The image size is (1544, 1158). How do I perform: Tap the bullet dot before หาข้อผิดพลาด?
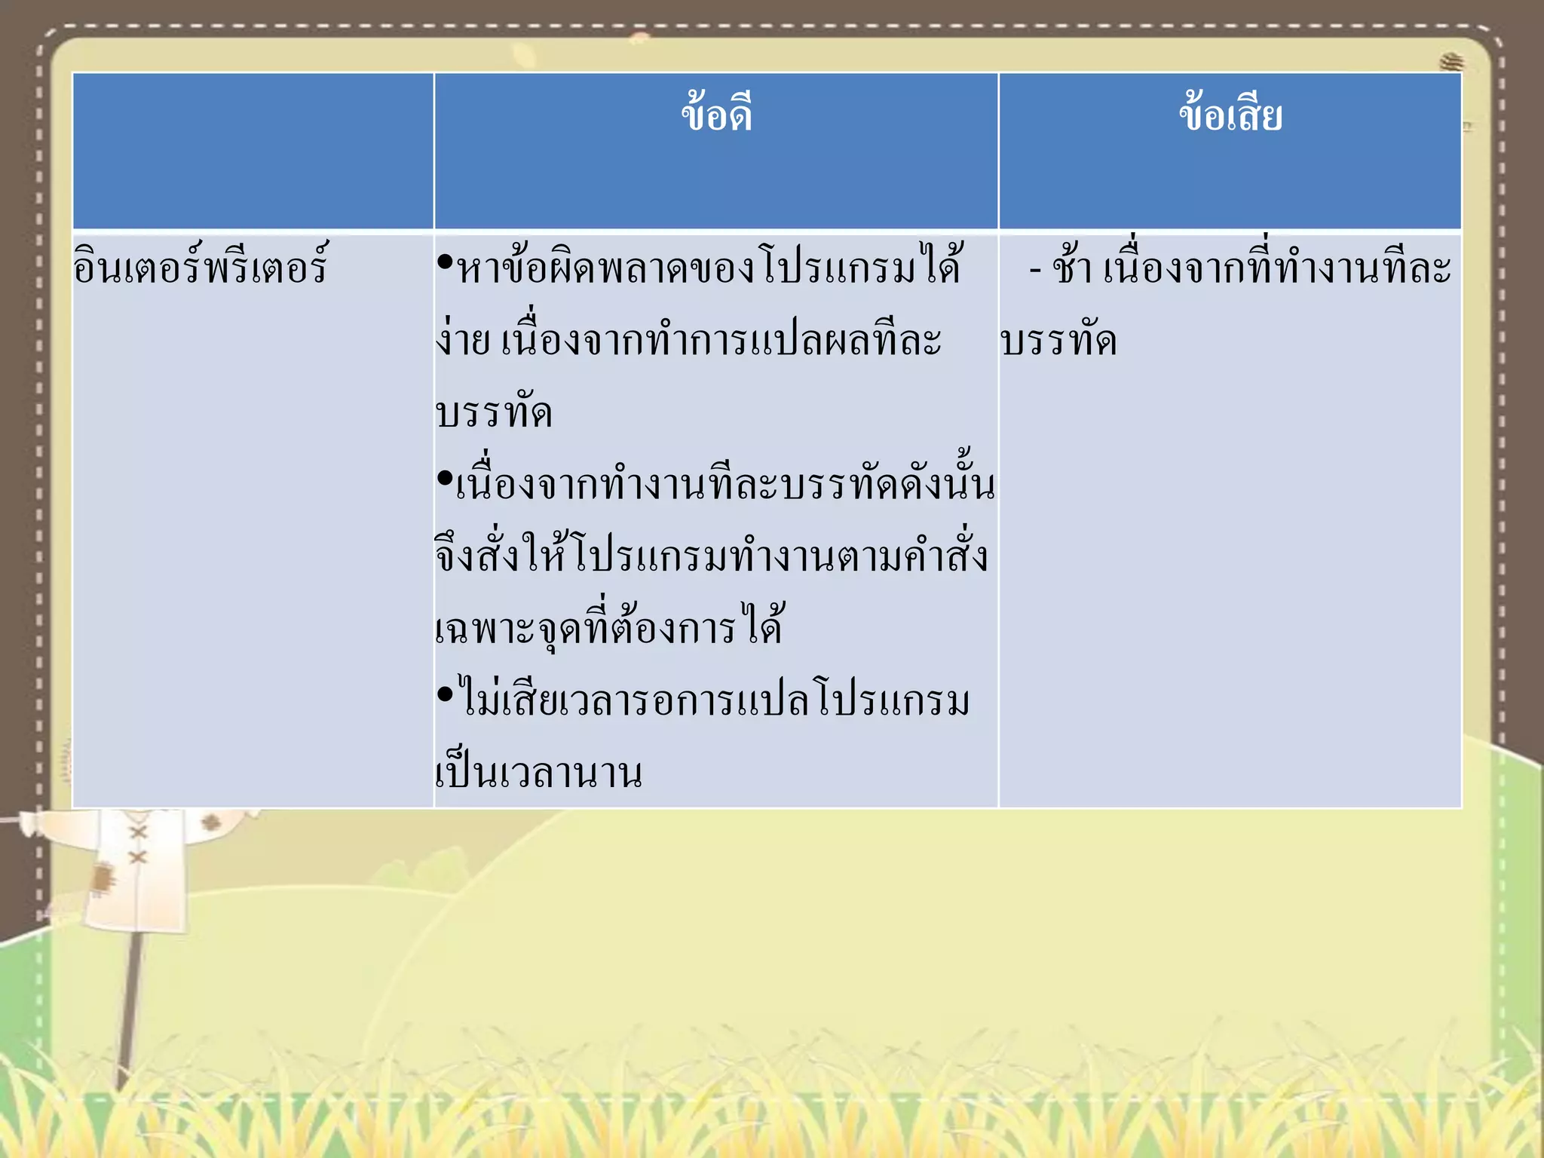pos(444,262)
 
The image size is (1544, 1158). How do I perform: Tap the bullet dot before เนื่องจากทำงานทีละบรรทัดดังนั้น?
pos(444,478)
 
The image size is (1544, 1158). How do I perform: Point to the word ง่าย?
pos(463,341)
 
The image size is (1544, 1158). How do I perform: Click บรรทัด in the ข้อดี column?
pos(495,413)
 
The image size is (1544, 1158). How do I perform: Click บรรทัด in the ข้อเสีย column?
pos(1058,341)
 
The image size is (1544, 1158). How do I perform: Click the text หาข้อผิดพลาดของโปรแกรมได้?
pos(709,267)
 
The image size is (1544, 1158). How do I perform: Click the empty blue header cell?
pos(253,151)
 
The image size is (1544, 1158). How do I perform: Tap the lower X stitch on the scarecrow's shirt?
pos(137,858)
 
